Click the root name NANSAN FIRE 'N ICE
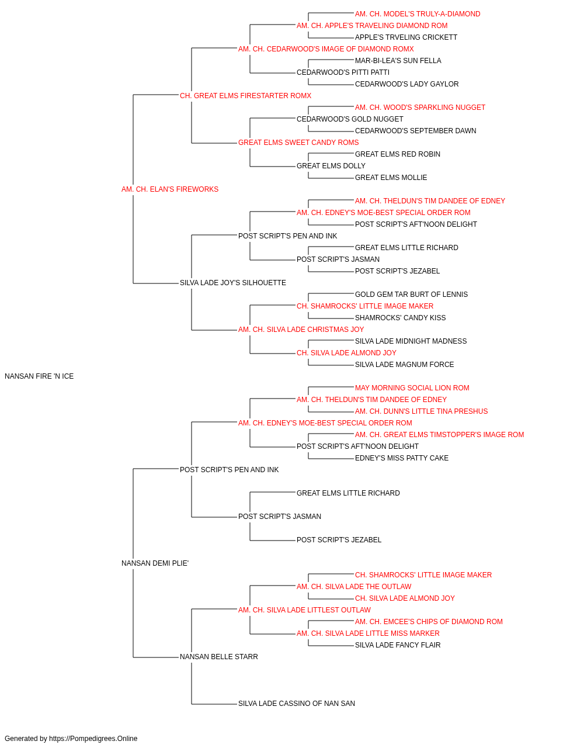click(x=39, y=376)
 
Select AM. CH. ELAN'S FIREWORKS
click(x=170, y=189)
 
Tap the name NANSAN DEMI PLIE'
click(x=155, y=563)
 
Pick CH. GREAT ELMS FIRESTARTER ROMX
click(x=245, y=96)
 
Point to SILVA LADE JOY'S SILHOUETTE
click(x=233, y=283)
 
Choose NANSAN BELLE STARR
click(x=219, y=657)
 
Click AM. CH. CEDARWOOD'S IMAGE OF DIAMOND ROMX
click(x=326, y=49)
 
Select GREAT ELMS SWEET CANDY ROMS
click(x=298, y=143)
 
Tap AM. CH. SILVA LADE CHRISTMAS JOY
click(x=301, y=330)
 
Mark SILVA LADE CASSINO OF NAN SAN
click(x=297, y=704)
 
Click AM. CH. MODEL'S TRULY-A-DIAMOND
click(x=418, y=14)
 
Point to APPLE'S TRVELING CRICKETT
click(x=406, y=37)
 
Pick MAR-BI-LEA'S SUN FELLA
click(x=398, y=61)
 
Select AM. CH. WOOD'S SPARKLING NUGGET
click(x=420, y=108)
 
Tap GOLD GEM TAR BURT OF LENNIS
click(x=411, y=295)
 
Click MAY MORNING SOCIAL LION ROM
click(x=412, y=388)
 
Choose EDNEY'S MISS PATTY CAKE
click(x=402, y=458)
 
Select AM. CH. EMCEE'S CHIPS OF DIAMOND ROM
click(x=429, y=622)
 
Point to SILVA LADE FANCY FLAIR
click(x=398, y=645)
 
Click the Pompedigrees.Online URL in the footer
click(x=93, y=739)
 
